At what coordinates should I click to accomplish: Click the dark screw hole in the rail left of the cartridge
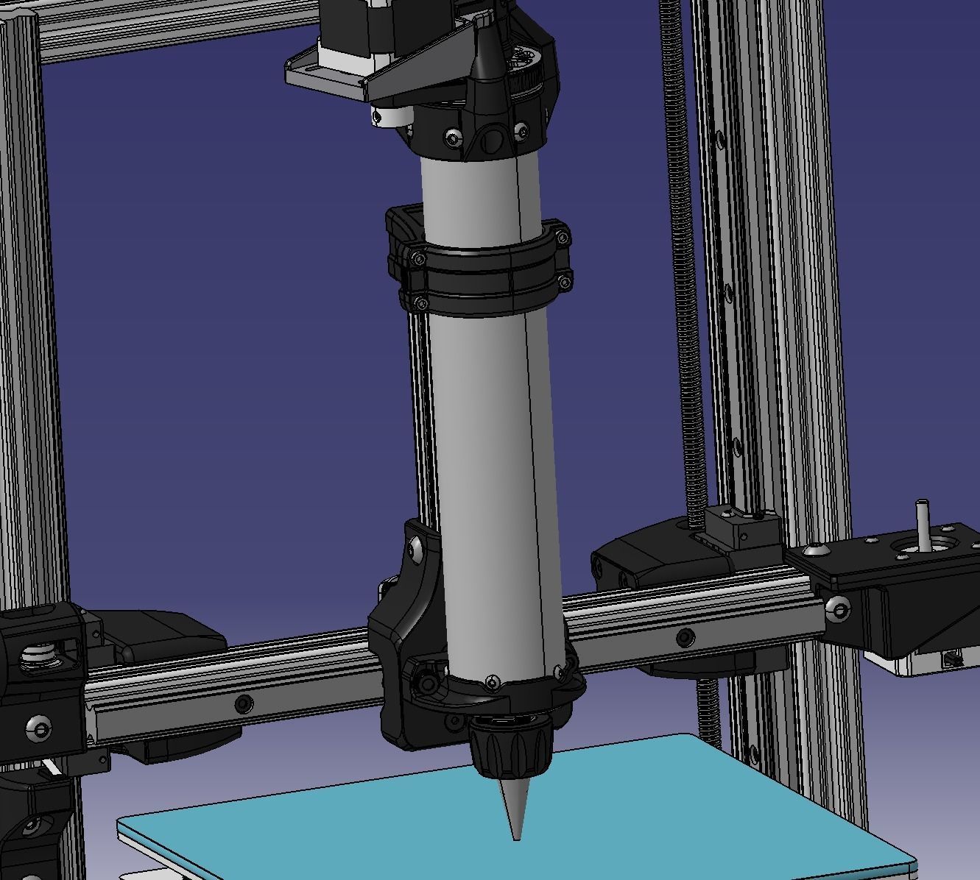243,704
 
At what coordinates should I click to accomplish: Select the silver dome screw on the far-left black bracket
40,728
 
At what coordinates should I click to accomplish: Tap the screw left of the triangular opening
454,138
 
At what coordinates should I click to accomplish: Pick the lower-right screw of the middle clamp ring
565,280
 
